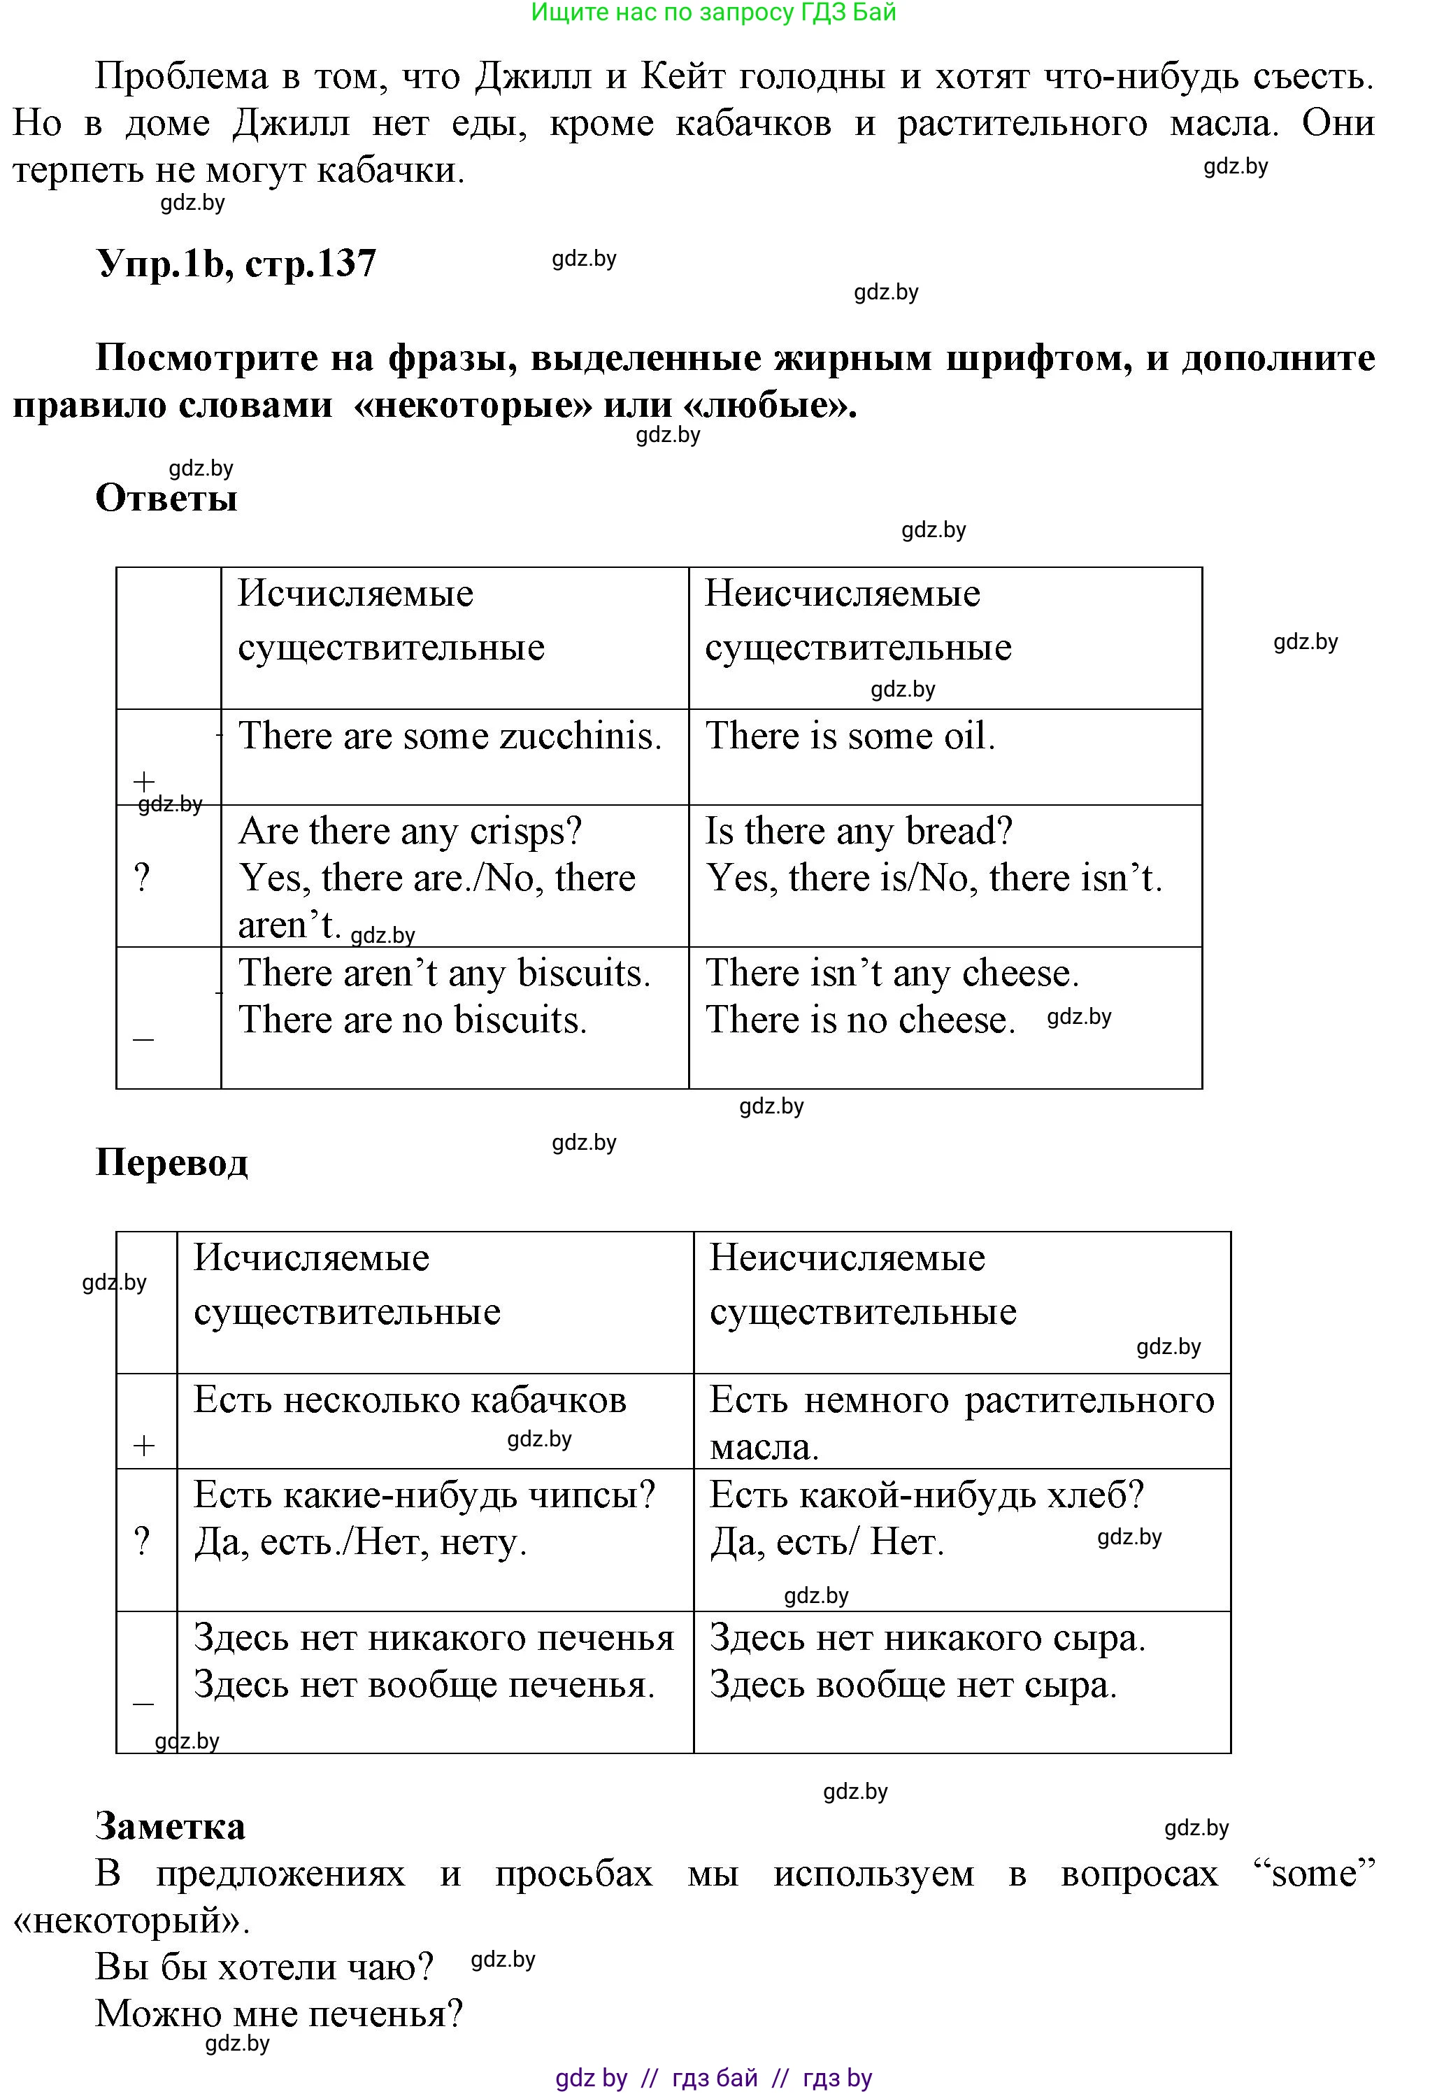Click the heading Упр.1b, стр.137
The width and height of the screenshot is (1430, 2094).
(x=236, y=264)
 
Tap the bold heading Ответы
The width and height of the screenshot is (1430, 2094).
(x=166, y=498)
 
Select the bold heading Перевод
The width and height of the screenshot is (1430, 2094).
(x=171, y=1162)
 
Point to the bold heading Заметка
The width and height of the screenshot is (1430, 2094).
(x=171, y=1826)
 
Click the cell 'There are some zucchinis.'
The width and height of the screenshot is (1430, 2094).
(x=450, y=736)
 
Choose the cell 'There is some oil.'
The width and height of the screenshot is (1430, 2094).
(x=850, y=736)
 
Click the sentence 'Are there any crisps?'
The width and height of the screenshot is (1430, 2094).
(x=410, y=831)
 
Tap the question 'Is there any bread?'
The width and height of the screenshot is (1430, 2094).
(x=859, y=831)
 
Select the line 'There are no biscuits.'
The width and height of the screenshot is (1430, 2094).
(x=413, y=1020)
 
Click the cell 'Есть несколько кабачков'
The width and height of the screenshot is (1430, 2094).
(x=410, y=1400)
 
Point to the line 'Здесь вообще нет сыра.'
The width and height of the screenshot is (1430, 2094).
(x=913, y=1684)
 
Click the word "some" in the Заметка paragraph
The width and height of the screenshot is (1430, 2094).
(x=1315, y=1874)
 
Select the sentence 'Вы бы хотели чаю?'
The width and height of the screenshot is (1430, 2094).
(x=265, y=1966)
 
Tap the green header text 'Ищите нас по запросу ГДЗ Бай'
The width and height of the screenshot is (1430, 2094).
(x=714, y=13)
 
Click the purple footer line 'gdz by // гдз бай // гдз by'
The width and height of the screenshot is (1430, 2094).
(x=714, y=2078)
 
